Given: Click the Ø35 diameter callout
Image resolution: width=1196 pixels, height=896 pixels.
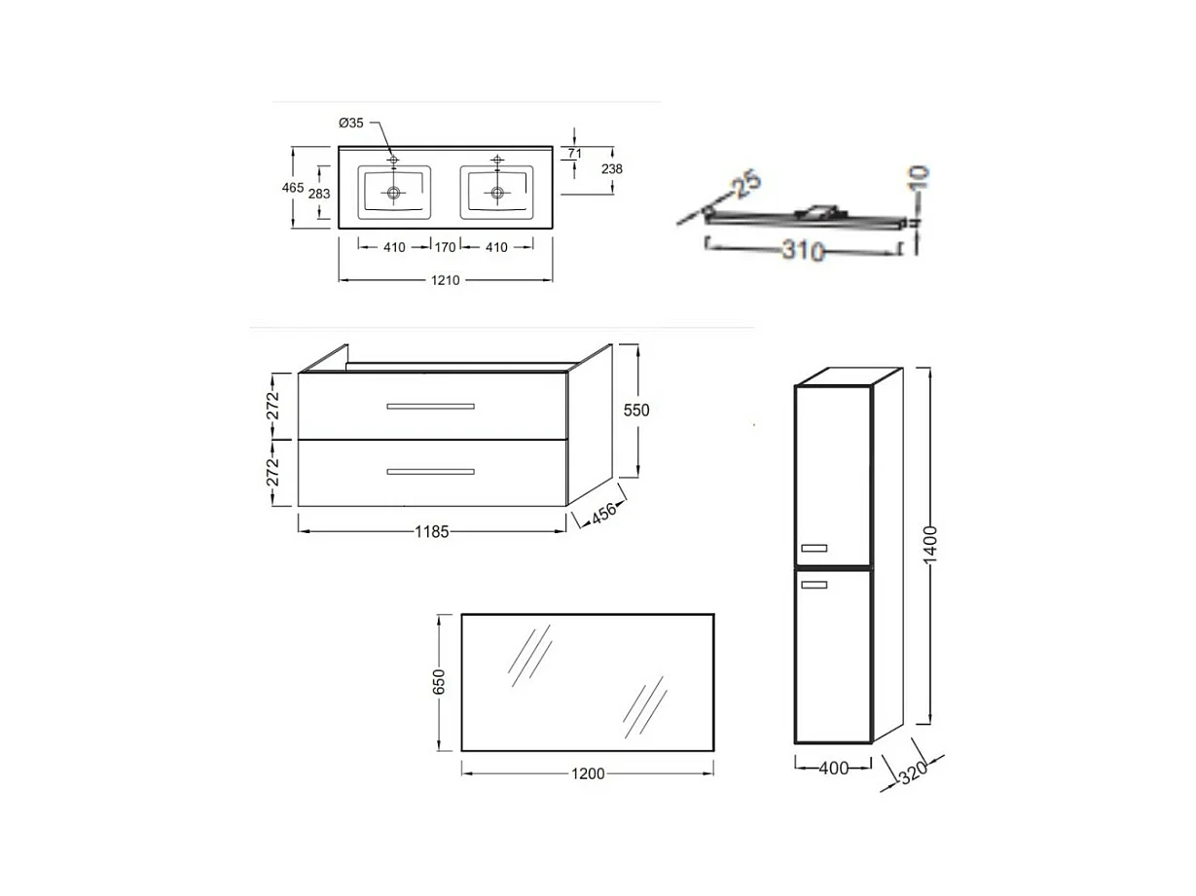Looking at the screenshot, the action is coord(350,123).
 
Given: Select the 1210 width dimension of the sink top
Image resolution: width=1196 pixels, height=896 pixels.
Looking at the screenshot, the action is coord(445,280).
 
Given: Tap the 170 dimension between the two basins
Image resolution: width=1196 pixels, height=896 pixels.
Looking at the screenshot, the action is coord(445,247).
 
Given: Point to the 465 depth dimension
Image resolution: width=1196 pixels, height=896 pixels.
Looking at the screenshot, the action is coord(293,188).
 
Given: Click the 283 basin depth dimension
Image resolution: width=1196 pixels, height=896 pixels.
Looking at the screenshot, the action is coord(319,194).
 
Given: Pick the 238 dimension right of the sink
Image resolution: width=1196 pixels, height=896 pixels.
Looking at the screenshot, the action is coord(612,169).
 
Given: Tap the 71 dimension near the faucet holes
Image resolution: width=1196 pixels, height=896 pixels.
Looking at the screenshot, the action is coord(574,154).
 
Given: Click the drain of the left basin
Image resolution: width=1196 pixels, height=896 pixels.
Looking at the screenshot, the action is coord(393,193).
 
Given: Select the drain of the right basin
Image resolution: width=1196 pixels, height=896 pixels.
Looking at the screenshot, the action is coord(497,193).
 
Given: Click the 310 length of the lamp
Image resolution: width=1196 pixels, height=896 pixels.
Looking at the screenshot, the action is coord(802,251).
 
